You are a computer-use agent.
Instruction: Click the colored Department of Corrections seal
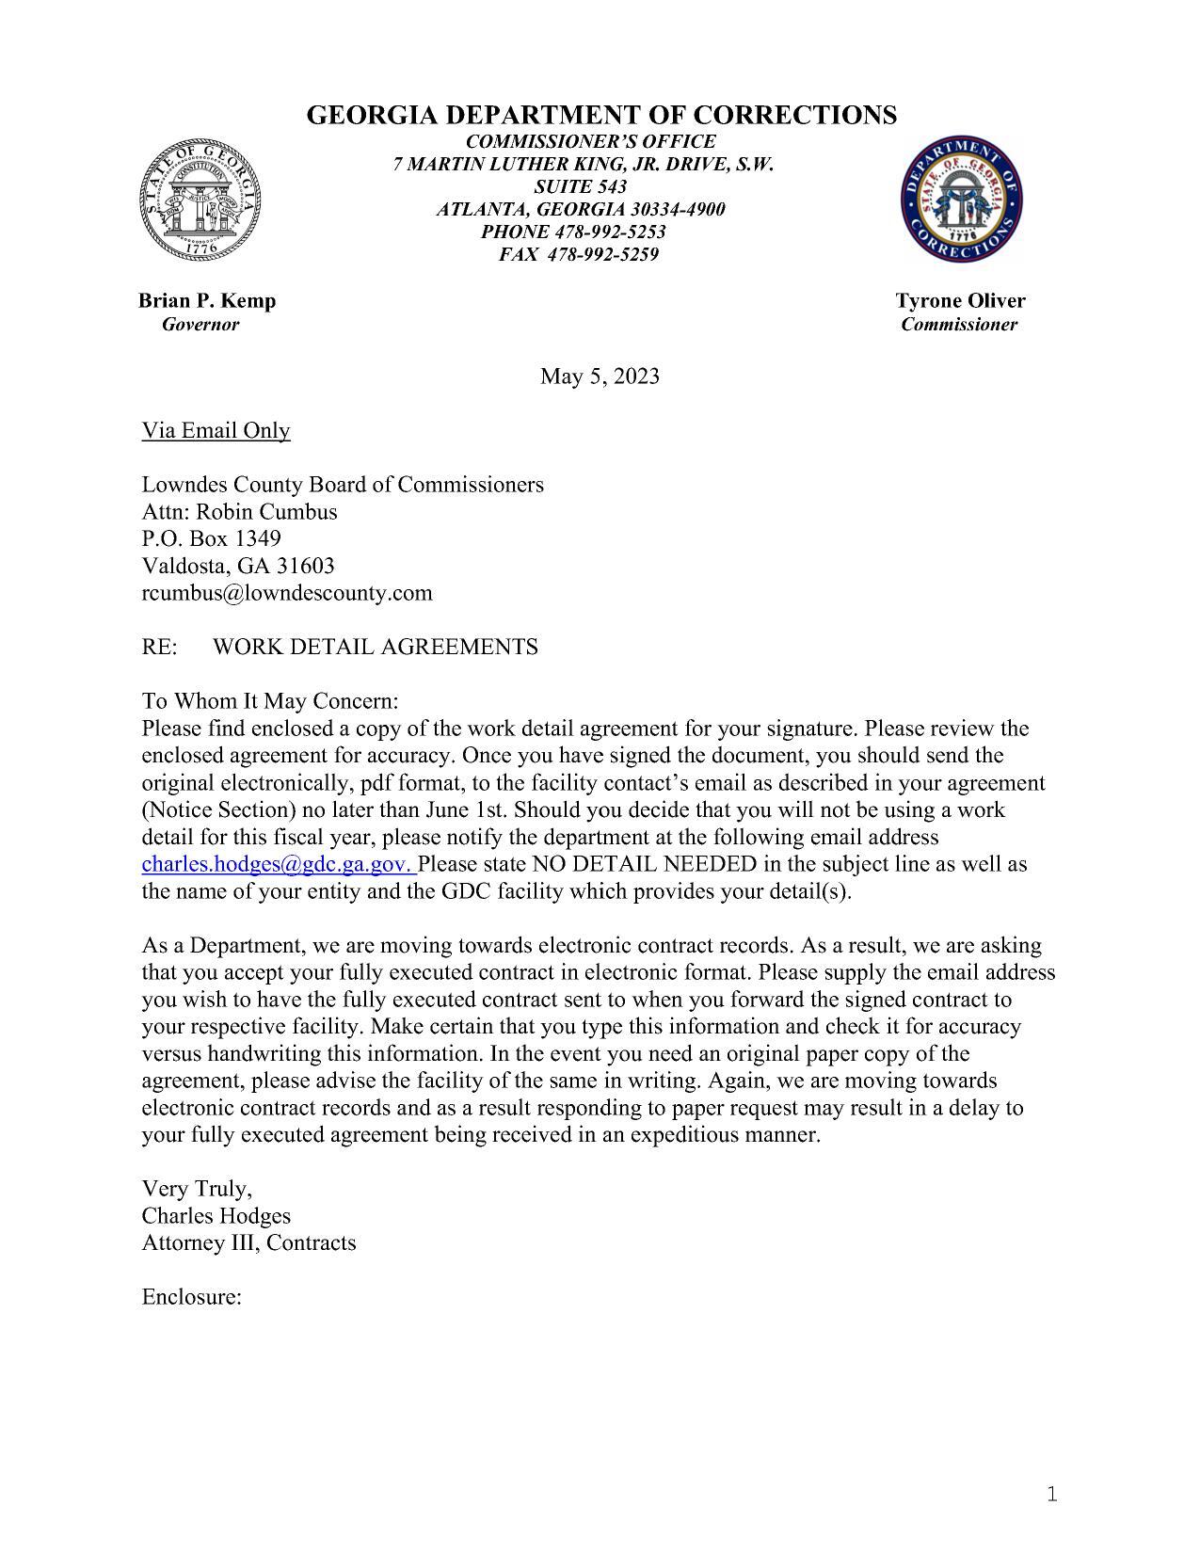[x=962, y=200]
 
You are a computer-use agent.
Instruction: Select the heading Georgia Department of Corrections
[x=601, y=115]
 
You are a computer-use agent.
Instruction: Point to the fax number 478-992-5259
[x=602, y=254]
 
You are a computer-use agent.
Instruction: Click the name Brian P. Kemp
[x=207, y=300]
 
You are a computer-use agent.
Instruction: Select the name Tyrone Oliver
[x=960, y=300]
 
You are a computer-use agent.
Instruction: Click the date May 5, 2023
[x=600, y=376]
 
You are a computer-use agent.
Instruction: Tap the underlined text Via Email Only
[x=216, y=430]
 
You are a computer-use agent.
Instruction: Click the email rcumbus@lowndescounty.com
[x=287, y=593]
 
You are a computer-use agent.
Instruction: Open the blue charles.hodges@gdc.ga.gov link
[x=279, y=864]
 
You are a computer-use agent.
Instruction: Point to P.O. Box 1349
[x=211, y=538]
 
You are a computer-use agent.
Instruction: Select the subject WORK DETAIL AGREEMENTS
[x=376, y=647]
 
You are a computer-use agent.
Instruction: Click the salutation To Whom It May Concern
[x=270, y=701]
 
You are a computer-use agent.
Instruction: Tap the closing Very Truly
[x=197, y=1188]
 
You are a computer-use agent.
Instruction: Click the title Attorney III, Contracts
[x=248, y=1242]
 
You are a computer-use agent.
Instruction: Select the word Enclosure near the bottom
[x=191, y=1297]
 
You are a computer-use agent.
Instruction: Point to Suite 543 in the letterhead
[x=580, y=186]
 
